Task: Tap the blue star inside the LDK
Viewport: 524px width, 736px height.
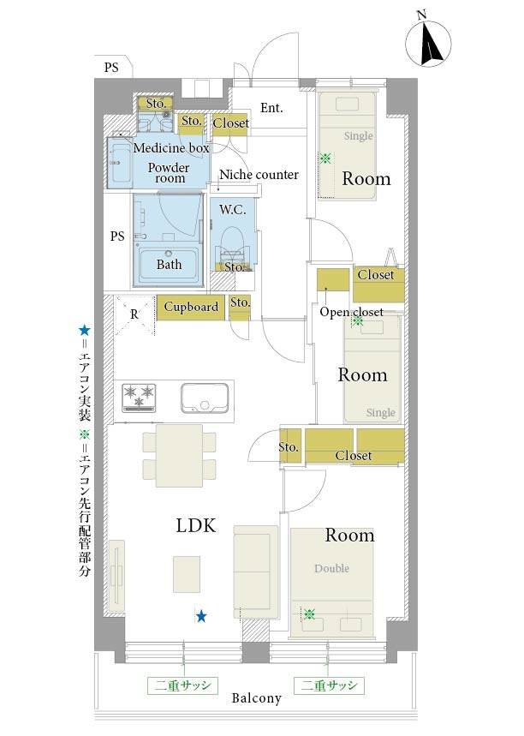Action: (x=201, y=616)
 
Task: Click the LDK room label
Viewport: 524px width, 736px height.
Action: (x=196, y=526)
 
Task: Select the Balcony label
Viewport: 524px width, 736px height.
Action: (x=257, y=698)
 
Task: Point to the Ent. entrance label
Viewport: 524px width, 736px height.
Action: (x=271, y=108)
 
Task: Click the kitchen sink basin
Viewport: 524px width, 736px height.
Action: (x=205, y=398)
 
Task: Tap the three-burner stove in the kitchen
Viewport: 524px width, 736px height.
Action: (x=139, y=398)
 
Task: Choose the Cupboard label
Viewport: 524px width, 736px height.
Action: (x=191, y=307)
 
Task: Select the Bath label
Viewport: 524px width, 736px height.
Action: (x=169, y=264)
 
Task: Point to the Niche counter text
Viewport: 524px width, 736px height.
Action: (x=259, y=175)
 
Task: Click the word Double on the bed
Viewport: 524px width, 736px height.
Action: (x=331, y=568)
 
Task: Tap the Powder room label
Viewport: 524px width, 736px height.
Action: (x=169, y=173)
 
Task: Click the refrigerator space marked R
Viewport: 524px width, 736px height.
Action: (x=134, y=314)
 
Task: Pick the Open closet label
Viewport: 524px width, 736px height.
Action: (x=351, y=312)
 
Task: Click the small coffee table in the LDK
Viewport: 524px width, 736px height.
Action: (x=187, y=574)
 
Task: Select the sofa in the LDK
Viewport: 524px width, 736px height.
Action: (x=256, y=572)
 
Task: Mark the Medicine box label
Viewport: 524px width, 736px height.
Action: (x=171, y=148)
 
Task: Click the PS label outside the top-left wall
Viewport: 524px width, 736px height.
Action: (x=111, y=68)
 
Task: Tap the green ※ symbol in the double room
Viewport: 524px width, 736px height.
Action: (x=309, y=613)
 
